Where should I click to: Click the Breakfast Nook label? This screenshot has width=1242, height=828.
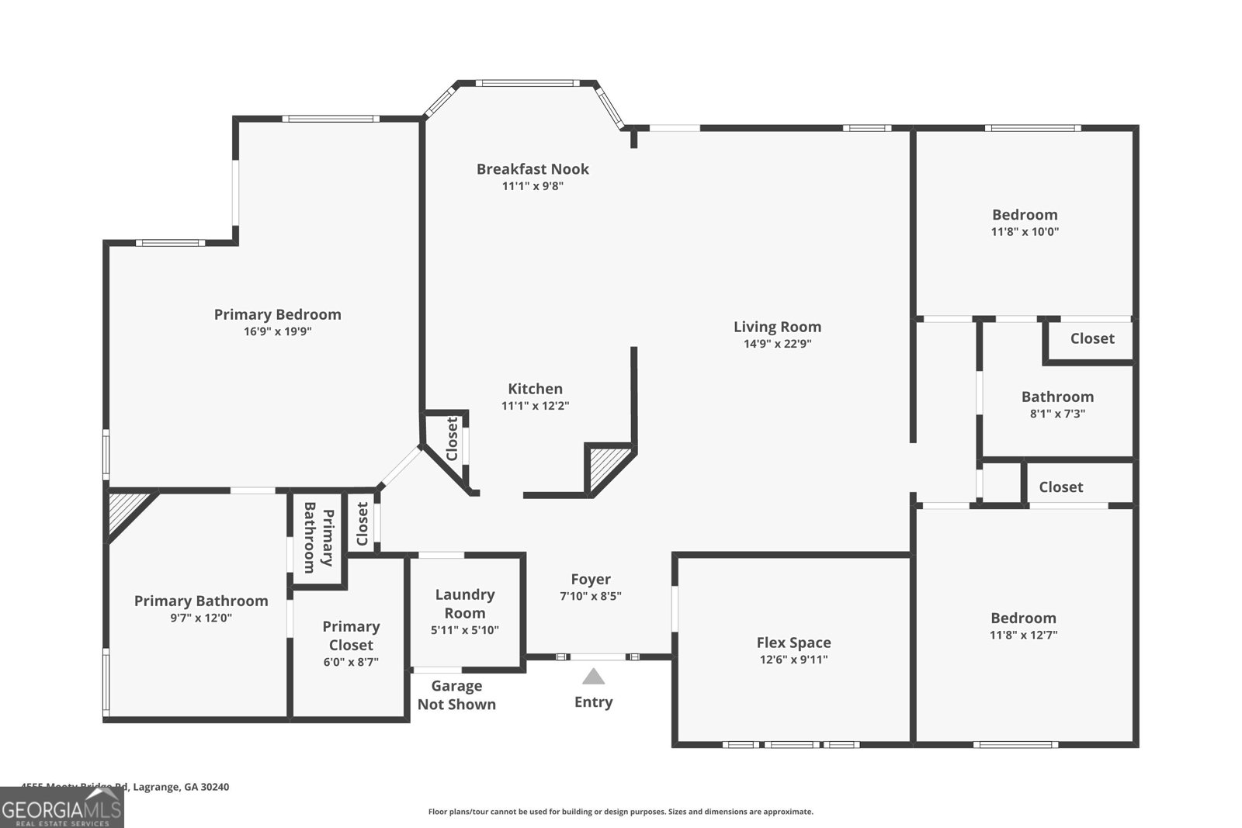click(x=533, y=169)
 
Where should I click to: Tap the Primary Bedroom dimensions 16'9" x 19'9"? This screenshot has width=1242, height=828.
click(x=277, y=331)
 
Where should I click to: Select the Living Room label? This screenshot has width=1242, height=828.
click(x=777, y=327)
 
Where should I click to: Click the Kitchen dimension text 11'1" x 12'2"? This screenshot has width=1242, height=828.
click(x=535, y=406)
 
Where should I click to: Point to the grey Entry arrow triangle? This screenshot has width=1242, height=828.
click(x=593, y=677)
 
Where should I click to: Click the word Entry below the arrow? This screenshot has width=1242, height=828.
click(x=593, y=702)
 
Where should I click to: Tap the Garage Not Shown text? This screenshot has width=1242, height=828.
click(x=456, y=695)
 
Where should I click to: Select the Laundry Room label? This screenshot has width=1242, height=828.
click(x=464, y=603)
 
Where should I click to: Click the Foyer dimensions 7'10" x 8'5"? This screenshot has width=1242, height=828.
click(x=590, y=597)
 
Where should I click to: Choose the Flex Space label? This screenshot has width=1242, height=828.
click(x=793, y=643)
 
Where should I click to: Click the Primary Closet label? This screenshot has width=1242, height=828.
click(x=351, y=636)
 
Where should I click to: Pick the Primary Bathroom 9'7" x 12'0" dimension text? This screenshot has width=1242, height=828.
click(x=201, y=618)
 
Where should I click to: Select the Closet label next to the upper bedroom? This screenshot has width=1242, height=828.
click(x=1091, y=338)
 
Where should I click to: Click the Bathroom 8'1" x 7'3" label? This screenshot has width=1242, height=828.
click(x=1057, y=397)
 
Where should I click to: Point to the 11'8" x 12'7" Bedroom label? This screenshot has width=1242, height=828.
click(x=1023, y=618)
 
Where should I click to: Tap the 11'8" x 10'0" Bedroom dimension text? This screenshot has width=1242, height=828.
click(x=1025, y=232)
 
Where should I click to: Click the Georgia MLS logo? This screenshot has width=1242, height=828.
click(x=61, y=809)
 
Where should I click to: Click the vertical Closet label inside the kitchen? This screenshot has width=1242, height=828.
click(x=452, y=439)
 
